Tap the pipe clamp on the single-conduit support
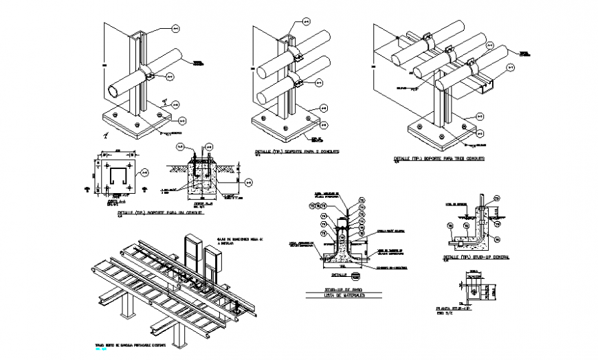(x=148, y=75)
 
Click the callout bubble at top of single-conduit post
(x=174, y=29)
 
